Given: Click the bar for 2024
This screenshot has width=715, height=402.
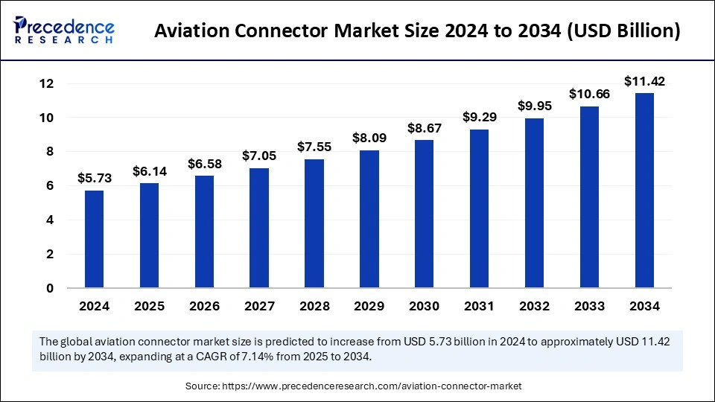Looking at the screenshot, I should (94, 239).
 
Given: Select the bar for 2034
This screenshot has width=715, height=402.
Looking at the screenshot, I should (644, 191).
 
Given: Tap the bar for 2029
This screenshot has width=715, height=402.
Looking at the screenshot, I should (369, 219).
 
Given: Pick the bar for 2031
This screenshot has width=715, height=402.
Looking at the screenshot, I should (480, 208).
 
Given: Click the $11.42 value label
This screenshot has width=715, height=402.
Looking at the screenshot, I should (644, 80).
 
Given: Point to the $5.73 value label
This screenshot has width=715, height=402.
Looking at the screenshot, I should (94, 178).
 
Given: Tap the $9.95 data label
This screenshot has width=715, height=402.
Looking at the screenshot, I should (535, 105).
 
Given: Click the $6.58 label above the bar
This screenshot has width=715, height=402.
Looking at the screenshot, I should (204, 162).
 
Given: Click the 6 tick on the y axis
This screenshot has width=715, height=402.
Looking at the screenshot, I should (49, 186).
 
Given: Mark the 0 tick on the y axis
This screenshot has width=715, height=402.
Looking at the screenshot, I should (49, 288).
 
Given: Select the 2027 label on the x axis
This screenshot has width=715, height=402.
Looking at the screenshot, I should (259, 306).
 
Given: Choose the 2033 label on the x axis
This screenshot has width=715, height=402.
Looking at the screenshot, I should (589, 306).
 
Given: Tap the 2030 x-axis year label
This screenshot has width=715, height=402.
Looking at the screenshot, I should (425, 306).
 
